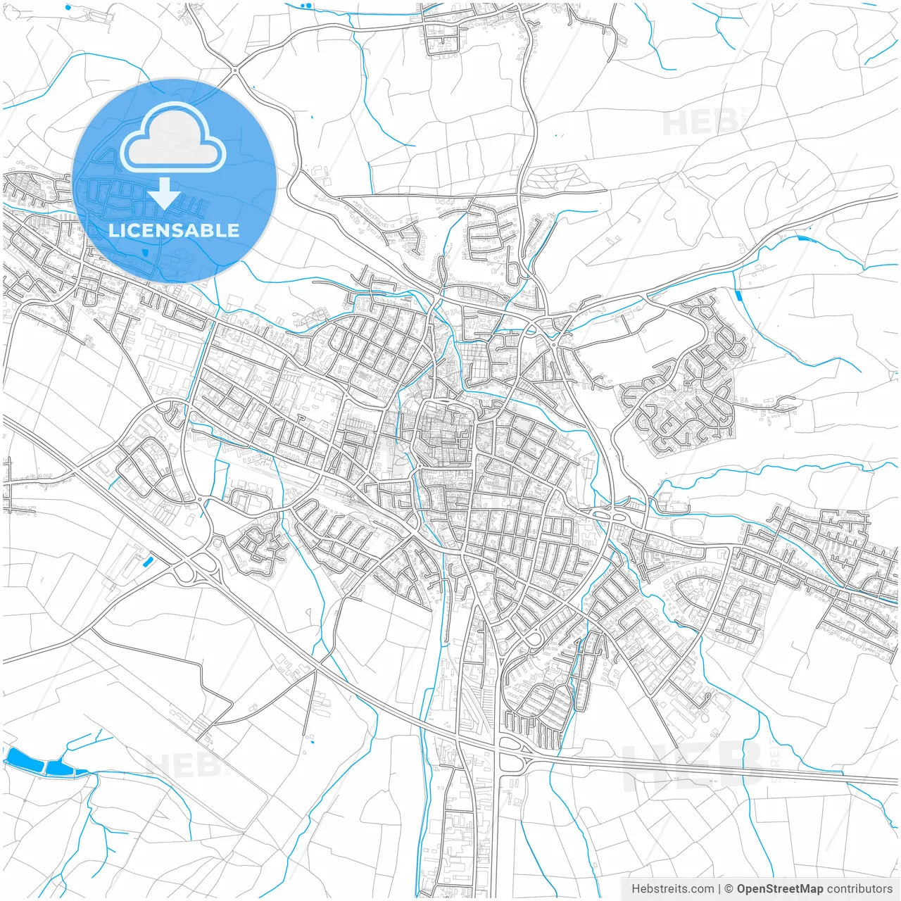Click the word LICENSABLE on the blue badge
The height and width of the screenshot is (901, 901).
174,230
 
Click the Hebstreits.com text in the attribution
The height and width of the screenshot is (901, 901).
672,889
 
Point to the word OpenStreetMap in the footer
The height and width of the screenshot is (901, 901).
779,889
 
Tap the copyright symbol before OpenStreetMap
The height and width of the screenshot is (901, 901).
729,889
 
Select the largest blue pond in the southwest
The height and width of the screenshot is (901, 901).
25,760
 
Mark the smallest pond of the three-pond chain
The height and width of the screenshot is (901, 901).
82,773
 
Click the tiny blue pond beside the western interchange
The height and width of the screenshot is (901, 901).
147,561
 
